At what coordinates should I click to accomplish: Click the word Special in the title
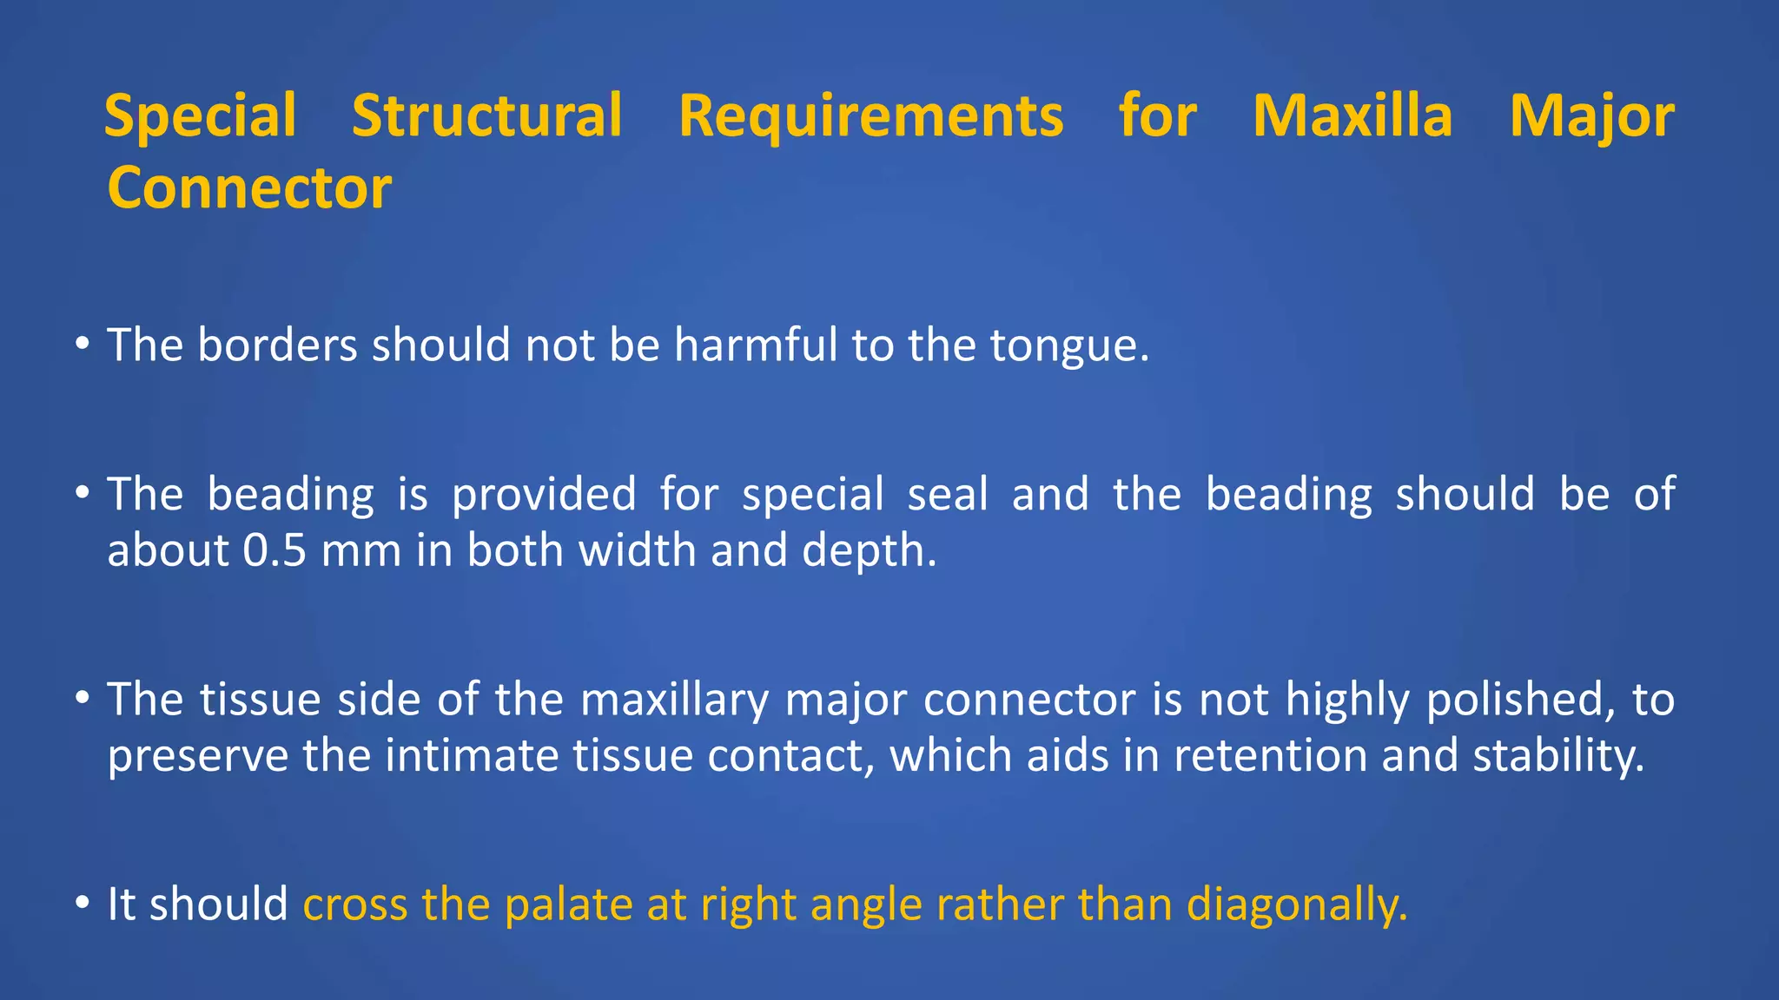[x=200, y=116]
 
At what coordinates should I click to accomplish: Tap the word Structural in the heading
[x=486, y=116]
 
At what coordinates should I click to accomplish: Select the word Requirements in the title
[x=870, y=116]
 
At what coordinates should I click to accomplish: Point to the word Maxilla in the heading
[x=1352, y=116]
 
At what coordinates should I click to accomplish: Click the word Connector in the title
[x=249, y=188]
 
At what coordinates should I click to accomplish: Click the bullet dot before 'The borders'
[x=83, y=345]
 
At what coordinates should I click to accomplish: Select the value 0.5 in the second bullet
[x=274, y=550]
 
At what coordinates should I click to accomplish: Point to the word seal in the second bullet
[x=948, y=494]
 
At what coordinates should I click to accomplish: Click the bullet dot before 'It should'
[x=83, y=904]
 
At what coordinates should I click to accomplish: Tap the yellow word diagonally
[x=1296, y=905]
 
